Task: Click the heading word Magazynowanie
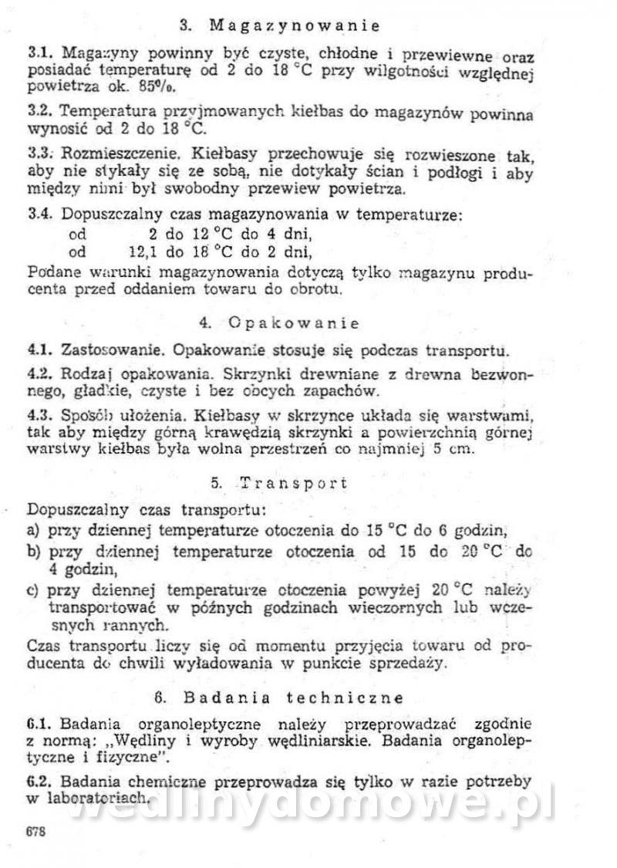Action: pyautogui.click(x=294, y=25)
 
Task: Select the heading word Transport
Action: pyautogui.click(x=293, y=483)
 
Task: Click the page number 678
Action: pyautogui.click(x=35, y=831)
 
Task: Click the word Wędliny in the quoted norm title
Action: pyautogui.click(x=151, y=740)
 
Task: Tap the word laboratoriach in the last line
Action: pyautogui.click(x=93, y=799)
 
